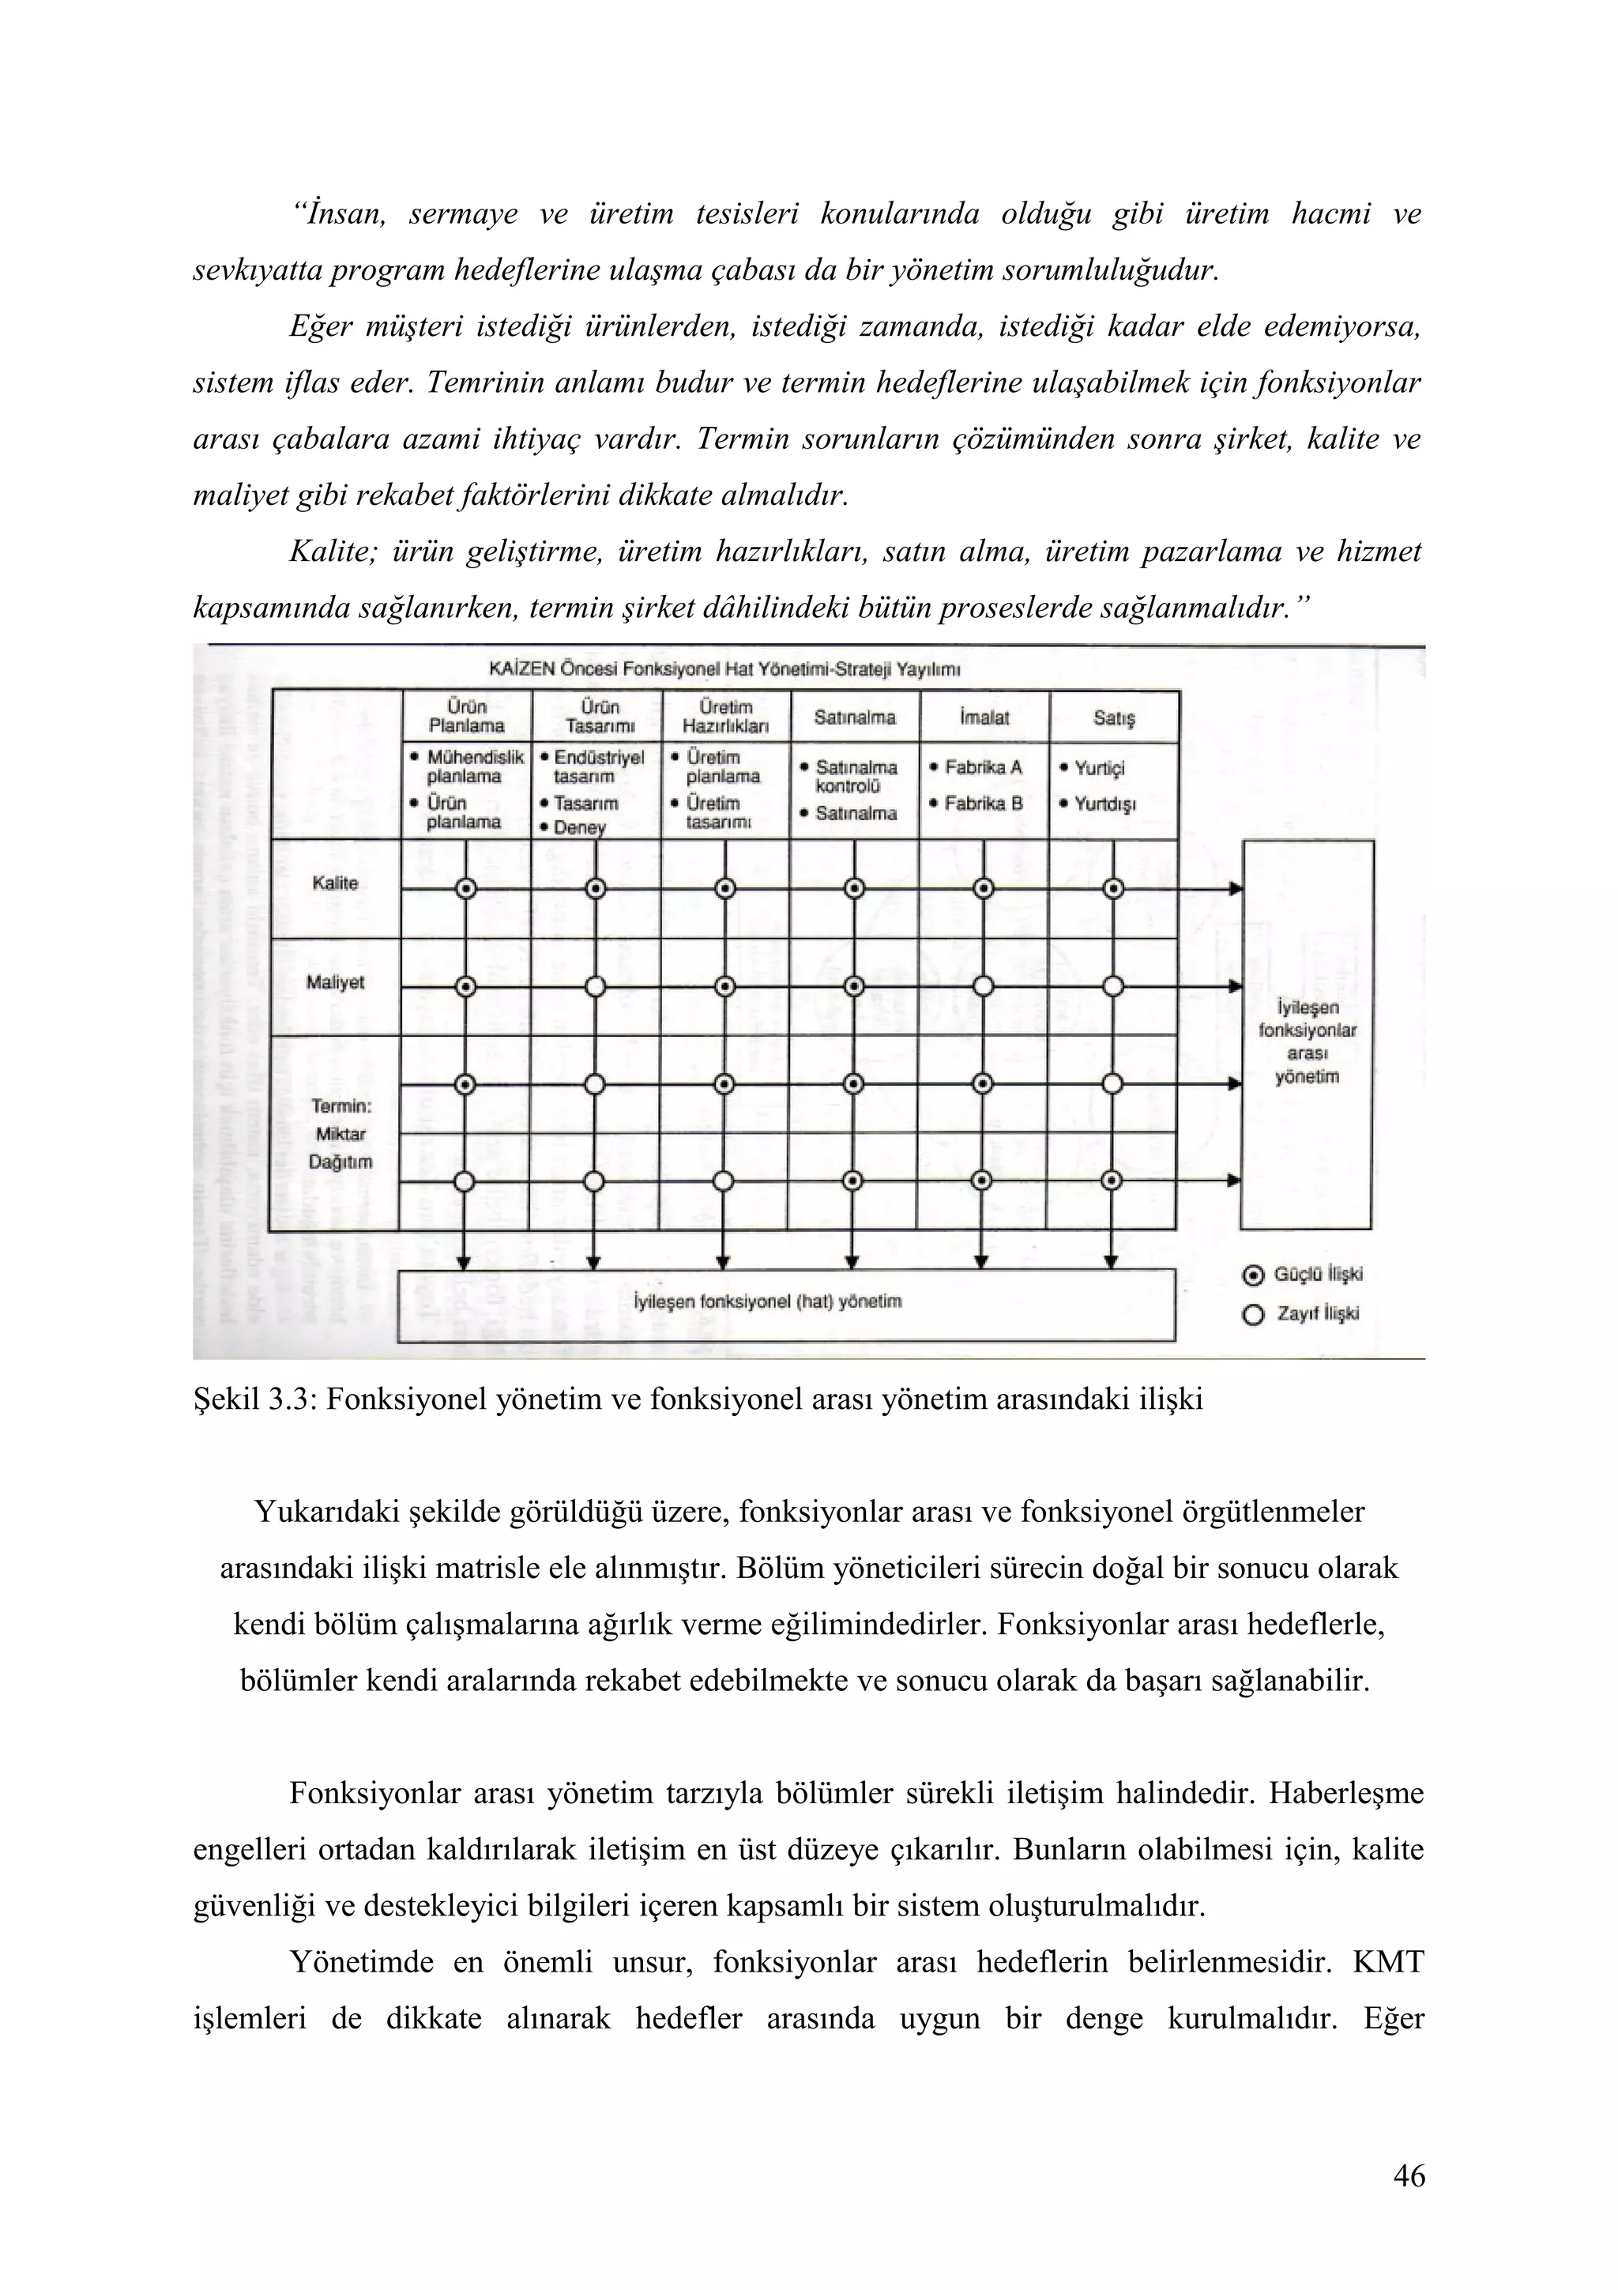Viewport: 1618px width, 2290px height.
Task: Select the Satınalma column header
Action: coord(854,718)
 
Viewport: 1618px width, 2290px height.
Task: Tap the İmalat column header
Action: coord(983,718)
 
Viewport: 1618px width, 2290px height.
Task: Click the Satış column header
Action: coord(1113,718)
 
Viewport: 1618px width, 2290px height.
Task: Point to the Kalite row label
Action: coord(335,883)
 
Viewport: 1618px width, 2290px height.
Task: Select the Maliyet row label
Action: coord(335,982)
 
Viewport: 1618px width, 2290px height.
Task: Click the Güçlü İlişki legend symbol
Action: coord(1253,1275)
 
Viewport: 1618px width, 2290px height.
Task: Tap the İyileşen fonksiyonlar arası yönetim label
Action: coord(1306,1041)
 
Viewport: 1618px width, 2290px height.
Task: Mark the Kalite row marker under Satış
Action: coord(1113,887)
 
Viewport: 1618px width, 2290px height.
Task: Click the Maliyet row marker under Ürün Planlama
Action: coord(465,986)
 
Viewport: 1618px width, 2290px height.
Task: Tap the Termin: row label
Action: coord(341,1106)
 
